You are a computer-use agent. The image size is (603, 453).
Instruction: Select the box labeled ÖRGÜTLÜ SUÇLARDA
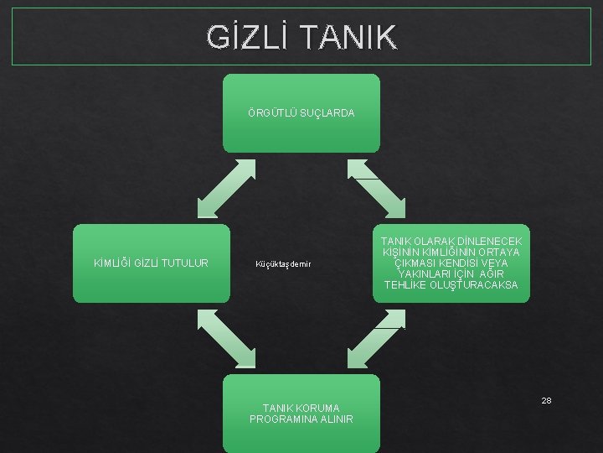pos(301,113)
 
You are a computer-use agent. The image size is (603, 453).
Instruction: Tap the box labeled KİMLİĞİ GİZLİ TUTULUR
pos(151,263)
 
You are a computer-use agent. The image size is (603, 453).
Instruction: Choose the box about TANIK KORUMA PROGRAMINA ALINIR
pos(301,414)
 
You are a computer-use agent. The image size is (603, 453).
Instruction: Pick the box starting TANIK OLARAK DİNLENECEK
pos(451,263)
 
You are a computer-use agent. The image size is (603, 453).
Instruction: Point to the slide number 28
pos(546,400)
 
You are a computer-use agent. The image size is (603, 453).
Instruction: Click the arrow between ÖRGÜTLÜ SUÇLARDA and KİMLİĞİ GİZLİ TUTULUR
pos(225,188)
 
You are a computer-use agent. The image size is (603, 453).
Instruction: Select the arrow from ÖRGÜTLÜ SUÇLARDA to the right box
pos(376,188)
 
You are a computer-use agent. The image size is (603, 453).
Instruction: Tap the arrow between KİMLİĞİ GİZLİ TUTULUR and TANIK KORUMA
pos(225,338)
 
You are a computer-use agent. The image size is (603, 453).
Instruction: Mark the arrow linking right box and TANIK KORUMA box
pos(376,338)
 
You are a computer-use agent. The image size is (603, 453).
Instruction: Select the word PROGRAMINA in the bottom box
pos(280,419)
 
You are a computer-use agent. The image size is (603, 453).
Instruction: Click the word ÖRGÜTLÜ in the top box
pos(267,113)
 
